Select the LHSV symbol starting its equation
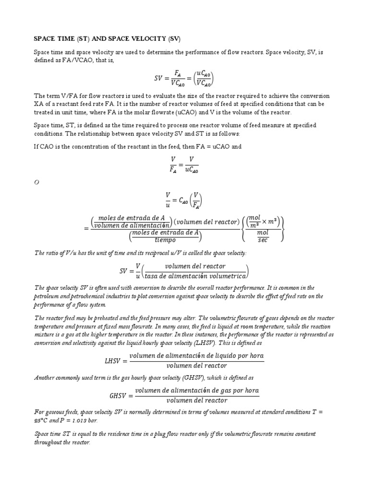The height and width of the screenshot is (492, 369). click(114, 360)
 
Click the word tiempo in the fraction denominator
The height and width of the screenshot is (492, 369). click(166, 240)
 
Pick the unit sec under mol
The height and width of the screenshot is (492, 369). click(263, 240)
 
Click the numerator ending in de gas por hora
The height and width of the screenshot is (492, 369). click(197, 390)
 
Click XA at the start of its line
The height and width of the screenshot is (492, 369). click(38, 104)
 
